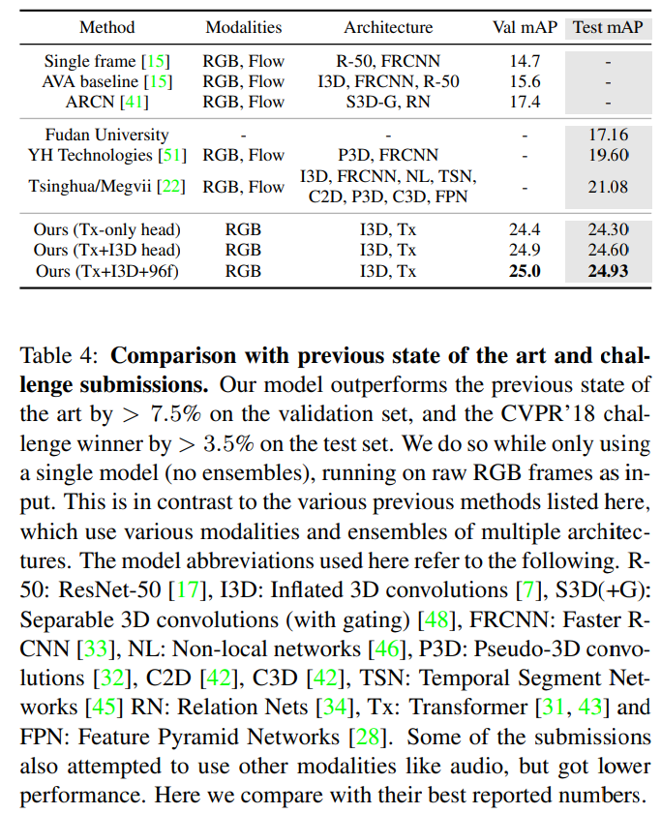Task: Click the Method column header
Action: tap(106, 27)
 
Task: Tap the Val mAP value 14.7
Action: tap(525, 62)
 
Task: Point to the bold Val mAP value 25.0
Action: tap(525, 272)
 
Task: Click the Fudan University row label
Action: tap(106, 136)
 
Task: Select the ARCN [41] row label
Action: tap(106, 102)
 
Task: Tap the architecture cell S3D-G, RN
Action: tap(388, 102)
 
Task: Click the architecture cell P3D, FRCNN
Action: tap(388, 155)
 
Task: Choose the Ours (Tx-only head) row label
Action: tap(106, 230)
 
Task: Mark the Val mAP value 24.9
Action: tap(525, 252)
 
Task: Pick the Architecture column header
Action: tap(388, 27)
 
